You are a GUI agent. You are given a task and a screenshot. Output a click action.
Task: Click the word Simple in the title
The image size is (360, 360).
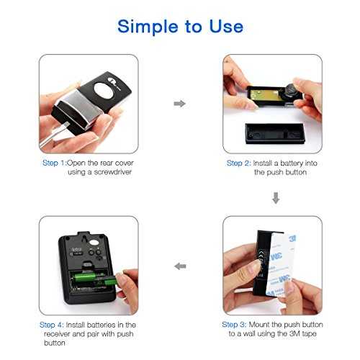pos(148,27)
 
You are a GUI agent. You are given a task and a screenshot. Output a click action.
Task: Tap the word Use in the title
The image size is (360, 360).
pos(226,26)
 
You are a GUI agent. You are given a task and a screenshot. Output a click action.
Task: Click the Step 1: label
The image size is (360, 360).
pos(54,163)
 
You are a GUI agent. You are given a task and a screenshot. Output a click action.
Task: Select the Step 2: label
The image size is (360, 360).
pos(239,163)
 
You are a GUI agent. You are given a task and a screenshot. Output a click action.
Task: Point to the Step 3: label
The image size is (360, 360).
pos(234,325)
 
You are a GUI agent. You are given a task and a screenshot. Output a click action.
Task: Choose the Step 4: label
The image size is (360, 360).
pos(52,325)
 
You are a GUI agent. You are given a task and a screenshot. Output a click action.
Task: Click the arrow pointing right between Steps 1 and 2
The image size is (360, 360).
pos(180,104)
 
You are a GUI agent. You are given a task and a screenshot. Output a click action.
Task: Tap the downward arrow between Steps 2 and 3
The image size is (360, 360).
pos(276,198)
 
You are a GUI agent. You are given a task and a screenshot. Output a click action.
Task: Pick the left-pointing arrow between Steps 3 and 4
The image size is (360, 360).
pos(180,266)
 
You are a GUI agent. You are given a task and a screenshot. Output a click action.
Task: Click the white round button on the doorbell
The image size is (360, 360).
pos(104,91)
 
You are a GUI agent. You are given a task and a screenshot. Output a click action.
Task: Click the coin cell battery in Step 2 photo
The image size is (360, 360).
pos(291,92)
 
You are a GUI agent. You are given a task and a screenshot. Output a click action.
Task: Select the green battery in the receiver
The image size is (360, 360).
pos(96,278)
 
